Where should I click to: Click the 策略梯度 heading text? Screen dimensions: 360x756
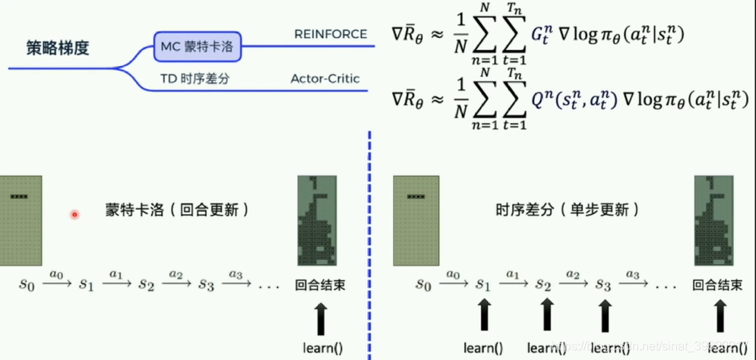pyautogui.click(x=58, y=49)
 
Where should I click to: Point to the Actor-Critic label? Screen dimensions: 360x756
pyautogui.click(x=325, y=78)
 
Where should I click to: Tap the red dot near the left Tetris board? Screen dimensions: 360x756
pyautogui.click(x=74, y=215)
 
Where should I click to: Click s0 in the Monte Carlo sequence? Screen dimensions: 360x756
pyautogui.click(x=27, y=286)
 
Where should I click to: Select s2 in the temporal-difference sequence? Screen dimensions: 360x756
pyautogui.click(x=542, y=286)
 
